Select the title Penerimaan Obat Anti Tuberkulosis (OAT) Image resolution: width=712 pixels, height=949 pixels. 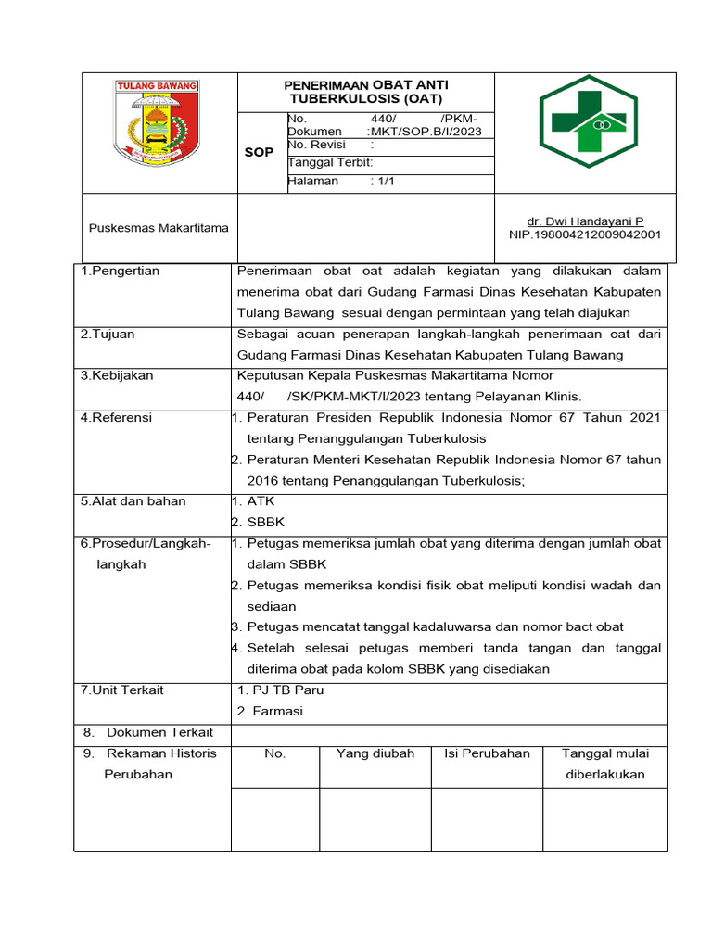[x=365, y=91]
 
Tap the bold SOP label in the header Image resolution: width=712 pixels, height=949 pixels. [x=259, y=152]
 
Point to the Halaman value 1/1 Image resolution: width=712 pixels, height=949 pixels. [x=384, y=182]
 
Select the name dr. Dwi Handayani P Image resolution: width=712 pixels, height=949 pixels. [x=584, y=221]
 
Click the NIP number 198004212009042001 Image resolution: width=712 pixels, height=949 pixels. [x=584, y=234]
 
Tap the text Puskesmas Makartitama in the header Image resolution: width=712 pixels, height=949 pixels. [x=158, y=228]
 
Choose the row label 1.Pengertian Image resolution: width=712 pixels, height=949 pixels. [x=121, y=271]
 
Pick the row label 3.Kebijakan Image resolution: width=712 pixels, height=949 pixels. [x=117, y=375]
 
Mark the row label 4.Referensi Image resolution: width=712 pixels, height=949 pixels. [x=117, y=417]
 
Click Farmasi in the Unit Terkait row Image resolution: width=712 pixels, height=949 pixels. [x=279, y=711]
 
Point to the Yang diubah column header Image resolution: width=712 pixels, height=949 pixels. [x=375, y=753]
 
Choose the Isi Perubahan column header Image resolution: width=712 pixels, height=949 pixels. [x=487, y=753]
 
